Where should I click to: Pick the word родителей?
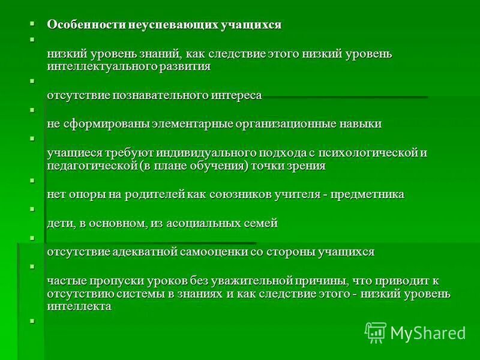coord(156,194)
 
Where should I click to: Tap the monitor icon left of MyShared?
coord(376,332)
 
